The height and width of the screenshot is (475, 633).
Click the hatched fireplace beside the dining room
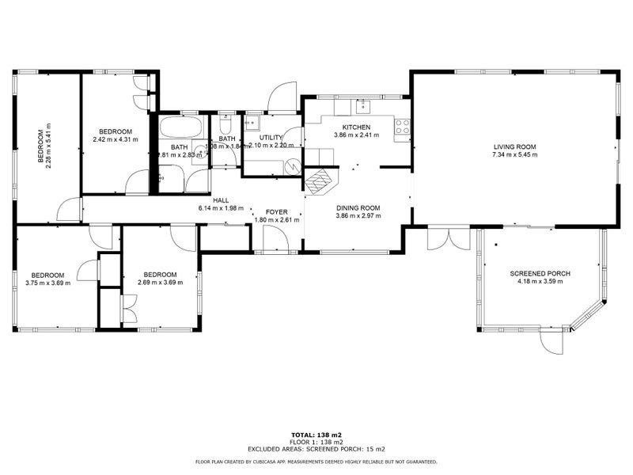(x=320, y=183)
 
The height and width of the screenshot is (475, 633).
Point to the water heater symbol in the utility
(x=293, y=166)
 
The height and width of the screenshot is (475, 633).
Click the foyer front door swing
(x=275, y=237)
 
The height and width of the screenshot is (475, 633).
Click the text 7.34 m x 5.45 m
(x=515, y=155)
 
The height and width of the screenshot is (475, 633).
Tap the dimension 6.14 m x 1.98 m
(x=221, y=208)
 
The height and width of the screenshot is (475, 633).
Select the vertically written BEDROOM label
(x=40, y=146)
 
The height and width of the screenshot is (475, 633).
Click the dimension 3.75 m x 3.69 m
(x=47, y=283)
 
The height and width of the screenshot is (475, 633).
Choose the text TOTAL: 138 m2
(x=316, y=435)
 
